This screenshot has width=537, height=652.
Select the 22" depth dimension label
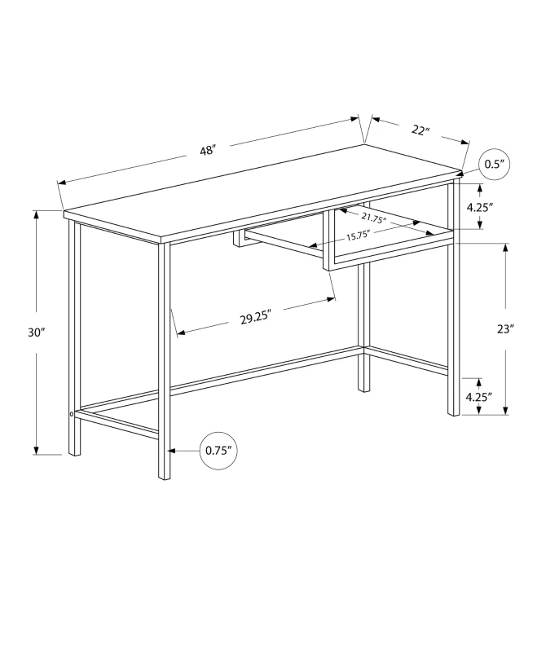coord(420,130)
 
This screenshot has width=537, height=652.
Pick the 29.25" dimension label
coord(256,318)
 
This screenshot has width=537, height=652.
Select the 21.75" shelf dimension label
coord(374,218)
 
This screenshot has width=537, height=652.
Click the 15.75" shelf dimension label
coord(358,236)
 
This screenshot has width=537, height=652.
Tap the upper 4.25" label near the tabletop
coord(480,207)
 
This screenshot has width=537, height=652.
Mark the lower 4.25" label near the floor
coord(480,397)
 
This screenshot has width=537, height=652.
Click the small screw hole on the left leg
coord(73,415)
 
